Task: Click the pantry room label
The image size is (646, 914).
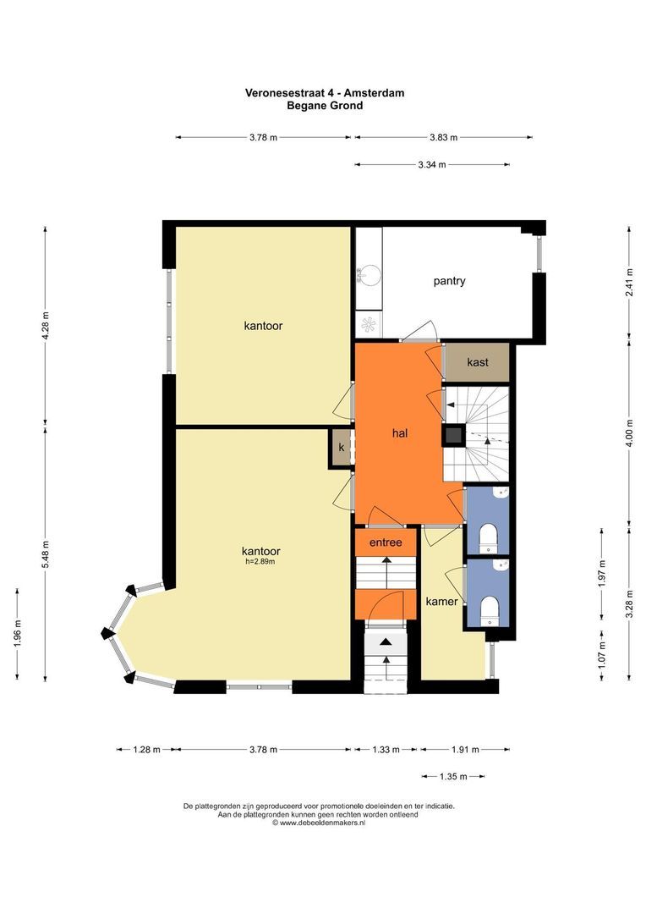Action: coord(449,281)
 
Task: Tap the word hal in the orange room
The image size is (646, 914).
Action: coord(400,433)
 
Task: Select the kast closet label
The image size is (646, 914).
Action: coord(478,362)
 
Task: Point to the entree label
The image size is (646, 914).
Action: coord(386,542)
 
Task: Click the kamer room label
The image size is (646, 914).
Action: coord(441,601)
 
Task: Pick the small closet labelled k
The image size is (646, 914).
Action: coord(342,448)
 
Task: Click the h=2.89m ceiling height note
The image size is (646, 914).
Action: coord(260,562)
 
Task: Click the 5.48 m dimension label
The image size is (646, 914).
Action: coord(46,553)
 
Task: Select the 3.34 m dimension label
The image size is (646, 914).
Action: coord(431,165)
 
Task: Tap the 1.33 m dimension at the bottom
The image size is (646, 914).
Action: coord(386,750)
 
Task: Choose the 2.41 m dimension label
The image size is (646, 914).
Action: coord(629,282)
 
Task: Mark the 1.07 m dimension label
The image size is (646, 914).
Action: coord(602,654)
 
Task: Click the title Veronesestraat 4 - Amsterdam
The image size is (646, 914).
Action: coord(325,93)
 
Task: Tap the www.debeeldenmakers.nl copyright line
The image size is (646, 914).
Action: coord(319,823)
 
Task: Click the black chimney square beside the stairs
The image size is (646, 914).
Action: coord(454,434)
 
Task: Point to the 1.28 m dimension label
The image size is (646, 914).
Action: coord(146,750)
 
